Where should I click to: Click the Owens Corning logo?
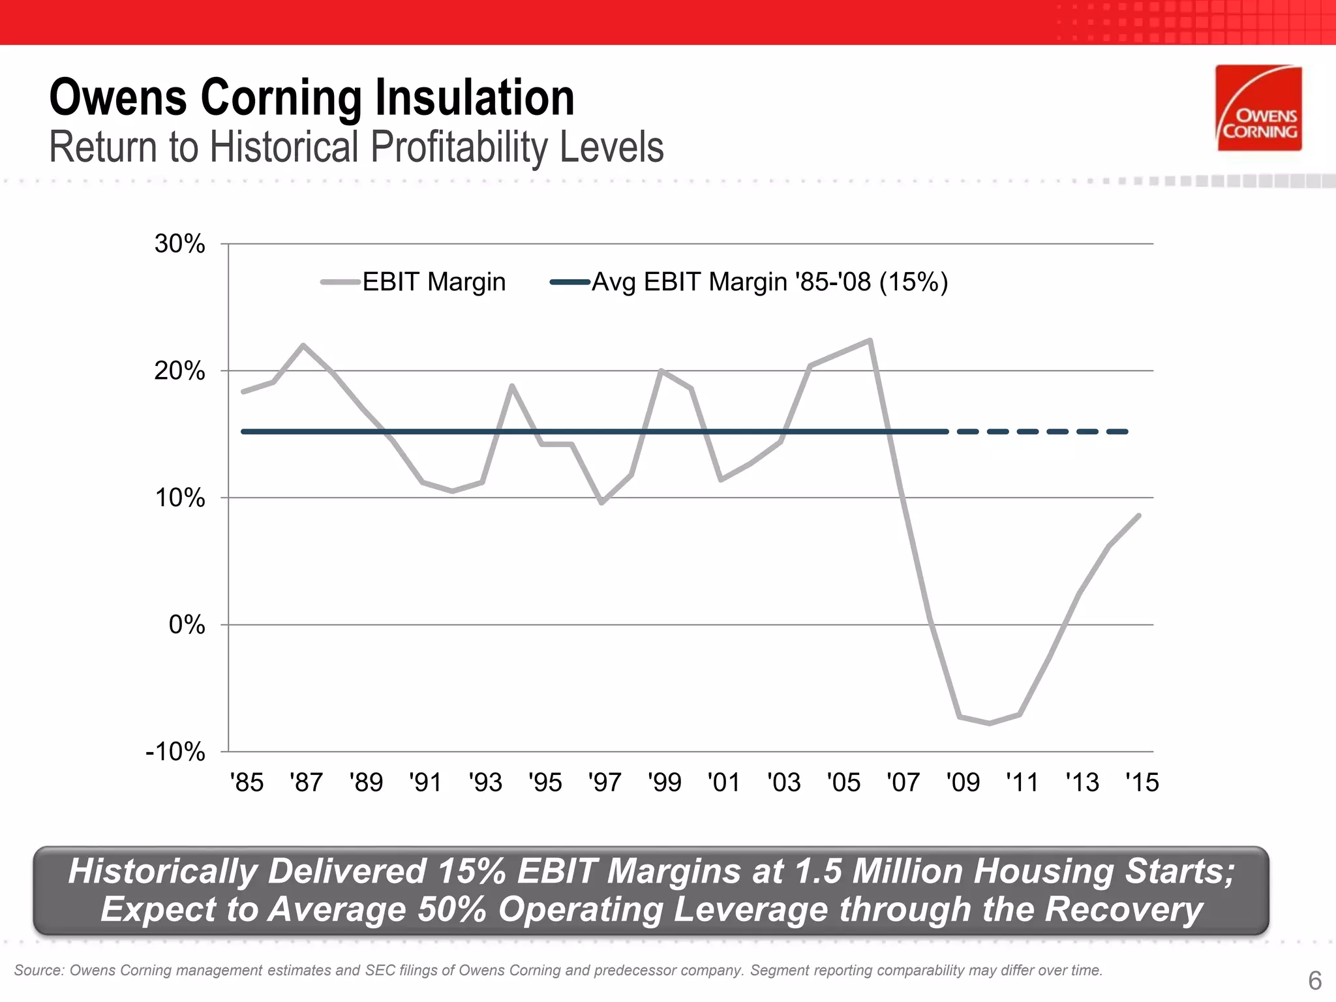[x=1259, y=108]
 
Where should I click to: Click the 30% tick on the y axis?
[x=180, y=244]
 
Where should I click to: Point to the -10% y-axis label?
[x=175, y=752]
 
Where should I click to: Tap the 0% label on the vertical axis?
[x=187, y=625]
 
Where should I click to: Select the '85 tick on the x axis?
[x=247, y=782]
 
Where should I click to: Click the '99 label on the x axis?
[x=664, y=782]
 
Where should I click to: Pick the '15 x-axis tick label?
[x=1142, y=782]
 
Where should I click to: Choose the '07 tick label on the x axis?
[x=903, y=782]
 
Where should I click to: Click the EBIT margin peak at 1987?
[x=303, y=345]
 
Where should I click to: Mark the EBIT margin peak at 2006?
[x=870, y=340]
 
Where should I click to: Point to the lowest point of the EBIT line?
[x=990, y=723]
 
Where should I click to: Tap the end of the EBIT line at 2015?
[x=1139, y=515]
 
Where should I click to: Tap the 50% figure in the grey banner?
[x=452, y=909]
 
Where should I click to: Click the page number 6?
[x=1314, y=980]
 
